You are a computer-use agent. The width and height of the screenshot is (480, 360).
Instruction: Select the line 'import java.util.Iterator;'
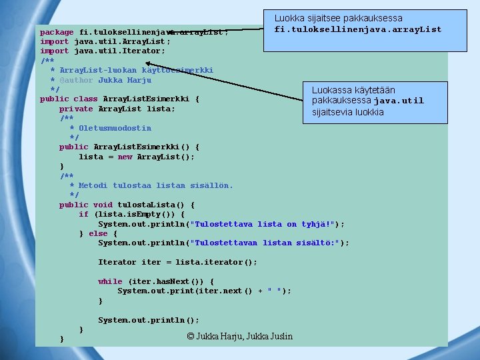coord(103,51)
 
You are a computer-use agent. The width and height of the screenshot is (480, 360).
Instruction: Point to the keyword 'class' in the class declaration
coord(85,99)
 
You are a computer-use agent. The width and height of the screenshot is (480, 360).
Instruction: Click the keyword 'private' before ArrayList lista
coord(76,109)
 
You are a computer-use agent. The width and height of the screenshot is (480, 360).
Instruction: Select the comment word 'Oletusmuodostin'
coord(115,128)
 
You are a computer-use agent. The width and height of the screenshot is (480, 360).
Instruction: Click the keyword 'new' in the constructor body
coord(125,157)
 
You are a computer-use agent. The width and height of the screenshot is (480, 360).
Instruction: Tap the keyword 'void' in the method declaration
coord(103,205)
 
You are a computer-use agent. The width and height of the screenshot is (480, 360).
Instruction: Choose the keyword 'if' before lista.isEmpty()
coord(83,214)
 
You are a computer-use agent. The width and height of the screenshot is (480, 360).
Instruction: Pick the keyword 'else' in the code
coord(98,233)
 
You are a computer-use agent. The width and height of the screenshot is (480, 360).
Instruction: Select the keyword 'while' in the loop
coord(110,281)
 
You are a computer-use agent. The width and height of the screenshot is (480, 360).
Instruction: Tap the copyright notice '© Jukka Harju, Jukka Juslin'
coord(240,336)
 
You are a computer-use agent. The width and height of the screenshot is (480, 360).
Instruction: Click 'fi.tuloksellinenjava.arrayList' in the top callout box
coord(358,29)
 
